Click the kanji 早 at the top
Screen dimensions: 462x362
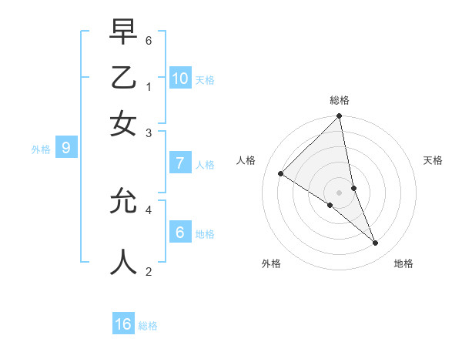click(123, 33)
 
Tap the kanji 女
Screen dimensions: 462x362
click(123, 123)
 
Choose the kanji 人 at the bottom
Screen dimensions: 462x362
click(123, 261)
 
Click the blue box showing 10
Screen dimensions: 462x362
click(179, 79)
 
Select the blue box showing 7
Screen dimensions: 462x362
click(179, 163)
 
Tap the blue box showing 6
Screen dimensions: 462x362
click(179, 232)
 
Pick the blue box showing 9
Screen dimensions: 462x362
click(65, 148)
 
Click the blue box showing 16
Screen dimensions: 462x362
click(123, 324)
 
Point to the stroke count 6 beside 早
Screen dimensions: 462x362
click(149, 39)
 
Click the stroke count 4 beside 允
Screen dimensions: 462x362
click(149, 208)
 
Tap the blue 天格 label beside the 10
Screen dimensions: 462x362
click(204, 80)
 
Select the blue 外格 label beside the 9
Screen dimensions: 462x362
click(41, 149)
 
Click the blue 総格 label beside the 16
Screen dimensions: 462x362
click(148, 326)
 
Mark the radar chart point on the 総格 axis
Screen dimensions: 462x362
click(339, 117)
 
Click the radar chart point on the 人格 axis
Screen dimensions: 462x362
click(280, 174)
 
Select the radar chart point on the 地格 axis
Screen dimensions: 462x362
click(376, 243)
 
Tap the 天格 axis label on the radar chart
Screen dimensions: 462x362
click(433, 160)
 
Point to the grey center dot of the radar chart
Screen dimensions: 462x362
click(339, 192)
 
